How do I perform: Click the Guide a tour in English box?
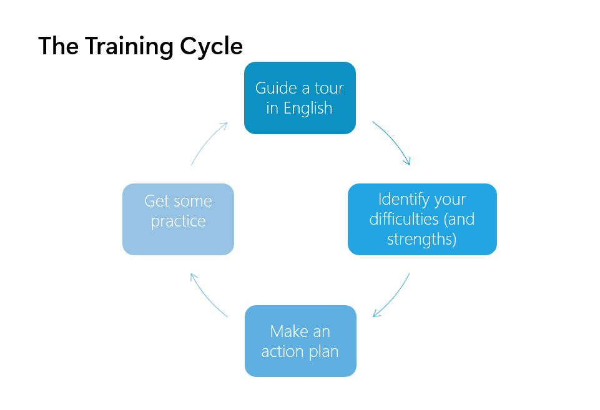point(300,98)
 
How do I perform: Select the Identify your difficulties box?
point(422,219)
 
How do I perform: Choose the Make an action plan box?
point(300,341)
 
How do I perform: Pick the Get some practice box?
point(178,219)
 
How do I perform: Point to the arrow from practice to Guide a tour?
point(207,142)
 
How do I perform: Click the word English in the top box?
point(308,108)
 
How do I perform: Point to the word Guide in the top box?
point(275,88)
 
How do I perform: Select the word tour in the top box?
point(328,88)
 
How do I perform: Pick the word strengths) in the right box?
point(422,239)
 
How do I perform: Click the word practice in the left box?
point(178,222)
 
